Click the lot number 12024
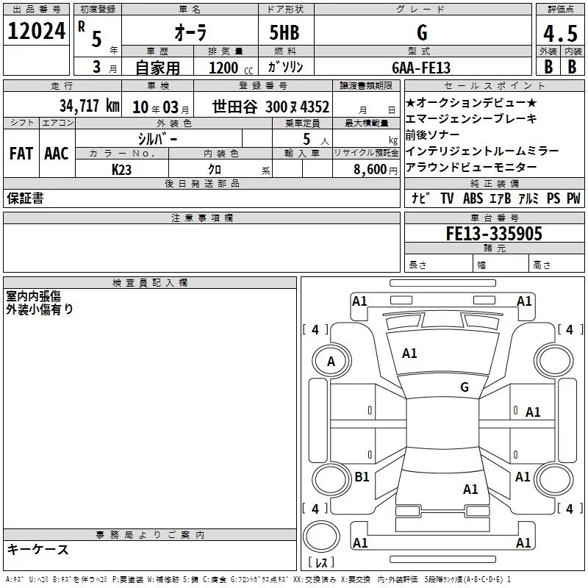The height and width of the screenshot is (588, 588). [x=36, y=31]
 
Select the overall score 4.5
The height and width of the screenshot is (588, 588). [x=560, y=33]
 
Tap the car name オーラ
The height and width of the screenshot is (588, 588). [x=190, y=32]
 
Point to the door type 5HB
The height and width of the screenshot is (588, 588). [x=284, y=32]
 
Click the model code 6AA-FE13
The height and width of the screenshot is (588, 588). [x=421, y=68]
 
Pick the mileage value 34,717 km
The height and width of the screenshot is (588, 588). [x=90, y=106]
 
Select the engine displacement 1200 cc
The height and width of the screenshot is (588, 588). [x=231, y=68]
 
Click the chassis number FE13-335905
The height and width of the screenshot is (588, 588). [x=494, y=233]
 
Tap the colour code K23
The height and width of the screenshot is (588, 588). [x=121, y=170]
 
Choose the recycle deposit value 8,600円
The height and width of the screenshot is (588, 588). [x=375, y=170]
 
